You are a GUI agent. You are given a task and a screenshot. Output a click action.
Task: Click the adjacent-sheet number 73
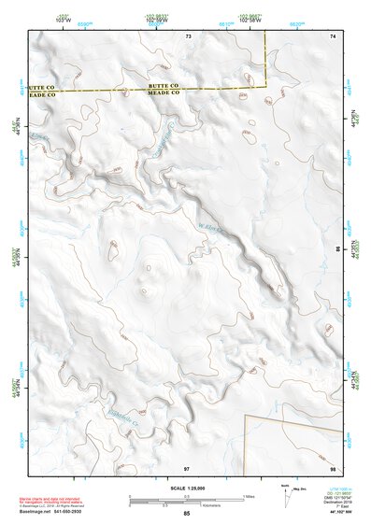pyautogui.click(x=188, y=35)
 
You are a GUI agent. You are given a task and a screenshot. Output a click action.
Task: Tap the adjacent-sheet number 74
pyautogui.click(x=332, y=35)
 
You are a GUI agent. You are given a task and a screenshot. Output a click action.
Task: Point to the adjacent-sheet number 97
pyautogui.click(x=187, y=466)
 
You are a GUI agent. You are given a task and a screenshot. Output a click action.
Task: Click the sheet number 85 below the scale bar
pyautogui.click(x=187, y=514)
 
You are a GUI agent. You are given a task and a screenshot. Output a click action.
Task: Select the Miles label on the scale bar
pyautogui.click(x=247, y=496)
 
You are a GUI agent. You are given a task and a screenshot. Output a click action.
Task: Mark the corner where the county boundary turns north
pyautogui.click(x=267, y=86)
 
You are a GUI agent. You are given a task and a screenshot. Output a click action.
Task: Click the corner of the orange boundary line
pyautogui.click(x=245, y=416)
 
